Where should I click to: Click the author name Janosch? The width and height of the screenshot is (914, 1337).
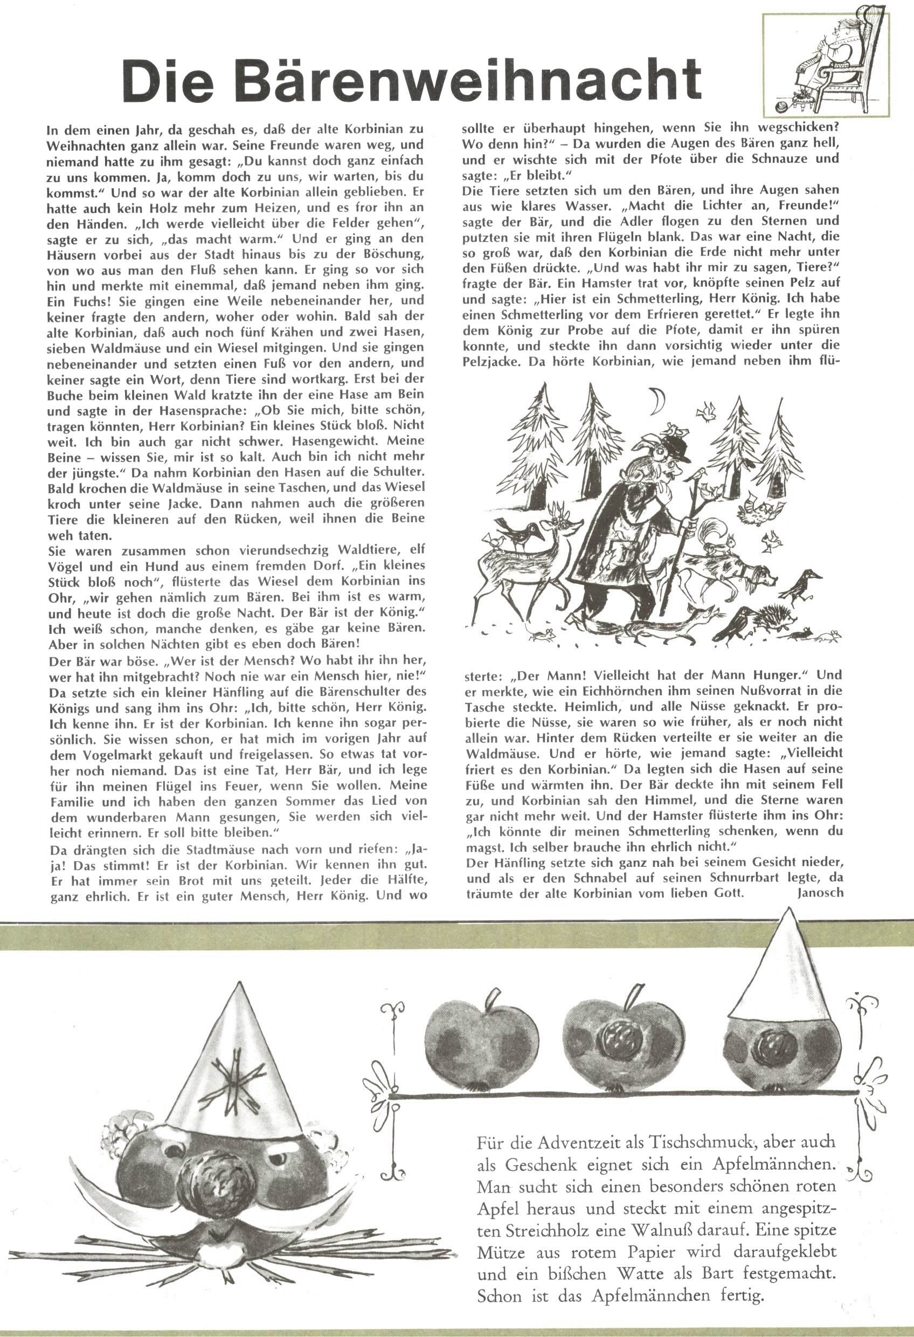point(820,893)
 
